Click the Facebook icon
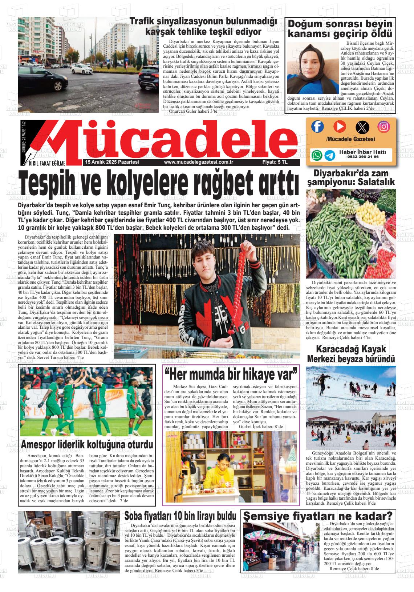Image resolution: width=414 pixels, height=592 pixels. coord(317,127)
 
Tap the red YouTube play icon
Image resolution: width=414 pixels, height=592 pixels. coord(340,127)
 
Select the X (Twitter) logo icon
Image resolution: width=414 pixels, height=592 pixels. coord(362,127)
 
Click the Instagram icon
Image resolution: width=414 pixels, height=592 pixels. coord(384,127)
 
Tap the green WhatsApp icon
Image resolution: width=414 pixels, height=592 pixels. coord(317,155)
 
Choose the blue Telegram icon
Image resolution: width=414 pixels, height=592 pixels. coord(330,155)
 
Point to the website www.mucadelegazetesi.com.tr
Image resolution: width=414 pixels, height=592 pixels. coord(198,163)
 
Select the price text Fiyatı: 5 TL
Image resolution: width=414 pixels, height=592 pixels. coord(275,163)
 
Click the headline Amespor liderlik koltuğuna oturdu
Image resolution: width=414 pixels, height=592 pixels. coord(87,444)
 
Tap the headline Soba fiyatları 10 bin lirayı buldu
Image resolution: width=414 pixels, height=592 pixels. coord(180,516)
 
